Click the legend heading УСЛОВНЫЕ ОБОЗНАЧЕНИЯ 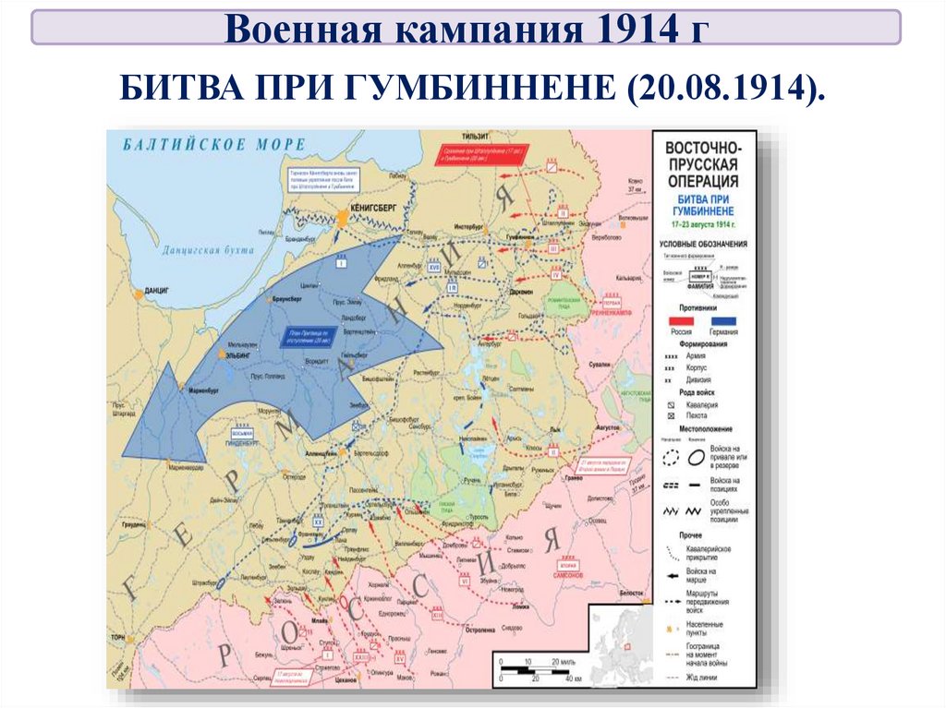click(703, 244)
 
